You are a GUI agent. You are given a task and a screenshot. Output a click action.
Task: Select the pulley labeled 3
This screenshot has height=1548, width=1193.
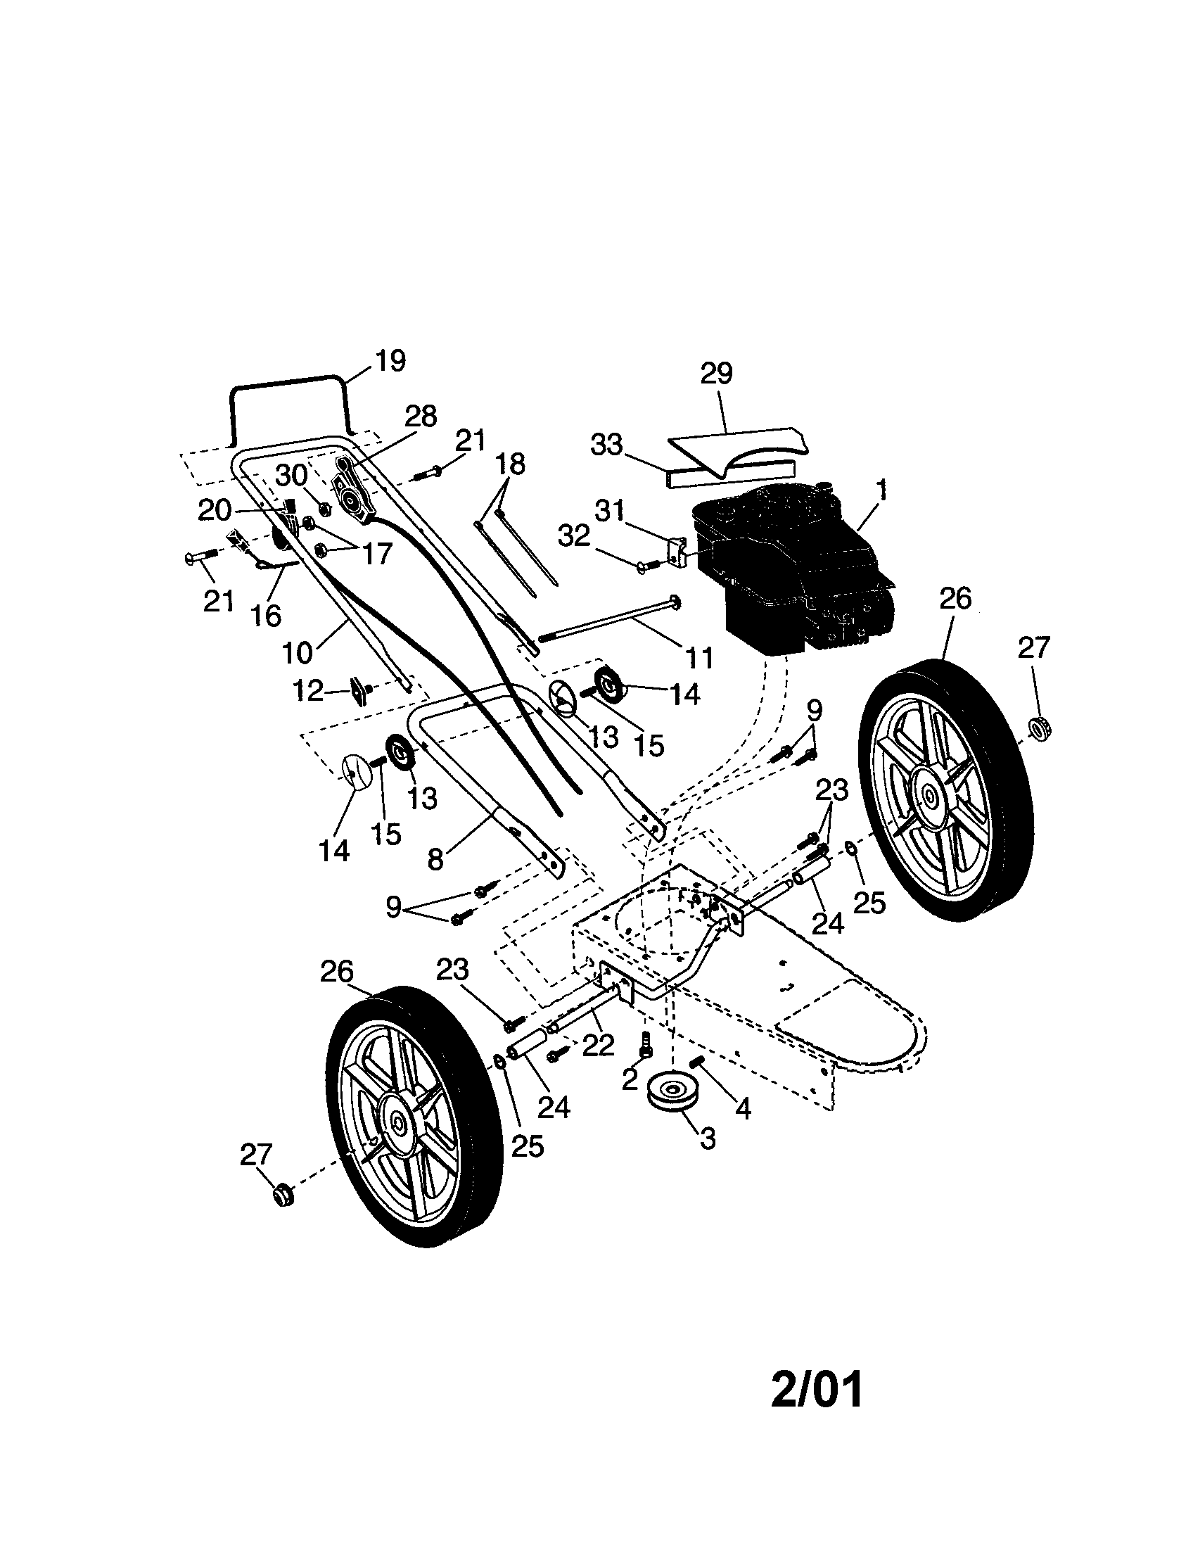tap(672, 1092)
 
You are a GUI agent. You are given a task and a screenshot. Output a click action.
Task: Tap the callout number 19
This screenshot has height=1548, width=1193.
tap(390, 361)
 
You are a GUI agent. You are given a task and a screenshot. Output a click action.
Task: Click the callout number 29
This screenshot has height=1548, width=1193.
tap(716, 374)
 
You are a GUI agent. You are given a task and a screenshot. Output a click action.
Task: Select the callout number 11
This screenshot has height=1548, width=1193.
tap(700, 658)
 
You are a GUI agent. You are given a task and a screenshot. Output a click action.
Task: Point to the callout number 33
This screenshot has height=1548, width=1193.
tap(606, 445)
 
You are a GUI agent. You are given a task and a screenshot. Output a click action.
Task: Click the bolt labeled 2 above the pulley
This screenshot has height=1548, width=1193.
tap(646, 1046)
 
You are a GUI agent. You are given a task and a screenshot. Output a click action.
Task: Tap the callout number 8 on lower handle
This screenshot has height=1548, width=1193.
tap(435, 859)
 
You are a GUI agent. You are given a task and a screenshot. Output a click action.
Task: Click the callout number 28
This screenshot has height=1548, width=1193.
tap(421, 416)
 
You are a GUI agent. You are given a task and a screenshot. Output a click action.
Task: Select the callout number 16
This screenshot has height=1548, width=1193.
tap(266, 615)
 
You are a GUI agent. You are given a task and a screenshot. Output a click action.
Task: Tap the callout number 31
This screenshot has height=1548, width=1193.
tap(609, 510)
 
